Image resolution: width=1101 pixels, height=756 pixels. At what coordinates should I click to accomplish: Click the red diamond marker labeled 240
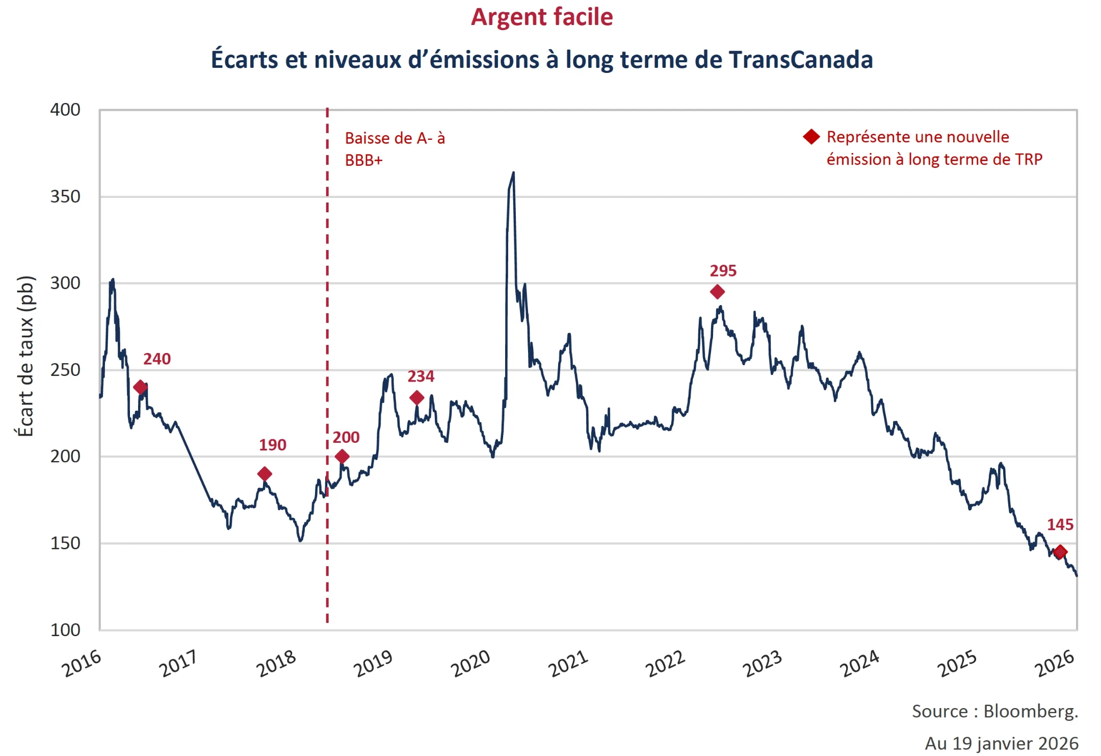[x=140, y=387]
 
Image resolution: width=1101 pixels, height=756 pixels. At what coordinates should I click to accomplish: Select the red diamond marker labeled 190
[x=264, y=474]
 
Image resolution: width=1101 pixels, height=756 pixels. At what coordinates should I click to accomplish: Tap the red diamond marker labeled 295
[x=717, y=292]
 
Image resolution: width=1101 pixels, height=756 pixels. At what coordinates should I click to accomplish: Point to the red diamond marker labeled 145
[x=1060, y=552]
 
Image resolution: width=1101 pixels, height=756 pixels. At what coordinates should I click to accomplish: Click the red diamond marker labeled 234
[x=416, y=397]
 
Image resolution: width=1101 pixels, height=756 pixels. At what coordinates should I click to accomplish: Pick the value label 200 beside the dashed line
[x=346, y=437]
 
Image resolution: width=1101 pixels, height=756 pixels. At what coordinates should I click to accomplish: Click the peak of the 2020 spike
[x=513, y=173]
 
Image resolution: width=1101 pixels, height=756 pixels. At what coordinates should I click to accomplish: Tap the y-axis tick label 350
[x=65, y=196]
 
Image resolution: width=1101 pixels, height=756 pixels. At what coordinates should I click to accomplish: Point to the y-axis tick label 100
[x=65, y=630]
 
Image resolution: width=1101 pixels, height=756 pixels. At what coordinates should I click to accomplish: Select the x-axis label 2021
[x=568, y=664]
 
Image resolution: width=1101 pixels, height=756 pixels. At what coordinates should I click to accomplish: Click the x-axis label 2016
[x=82, y=664]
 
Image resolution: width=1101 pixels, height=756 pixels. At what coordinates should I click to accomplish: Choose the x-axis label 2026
[x=1055, y=664]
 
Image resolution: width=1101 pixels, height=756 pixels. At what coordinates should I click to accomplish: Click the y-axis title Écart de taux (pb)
[x=25, y=356]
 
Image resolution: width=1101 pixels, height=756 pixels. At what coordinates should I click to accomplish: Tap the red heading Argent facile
[x=541, y=17]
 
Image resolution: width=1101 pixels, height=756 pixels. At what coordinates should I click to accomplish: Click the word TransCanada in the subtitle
[x=800, y=60]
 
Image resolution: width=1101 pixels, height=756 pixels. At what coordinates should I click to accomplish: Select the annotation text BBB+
[x=363, y=160]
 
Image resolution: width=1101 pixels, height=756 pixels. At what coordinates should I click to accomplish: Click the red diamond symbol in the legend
[x=811, y=137]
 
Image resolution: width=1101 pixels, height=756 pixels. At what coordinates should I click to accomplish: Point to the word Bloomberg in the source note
[x=1030, y=711]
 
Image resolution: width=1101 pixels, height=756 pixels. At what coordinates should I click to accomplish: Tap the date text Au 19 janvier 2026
[x=1002, y=743]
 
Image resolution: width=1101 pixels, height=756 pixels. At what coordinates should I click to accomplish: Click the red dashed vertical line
[x=327, y=306]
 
